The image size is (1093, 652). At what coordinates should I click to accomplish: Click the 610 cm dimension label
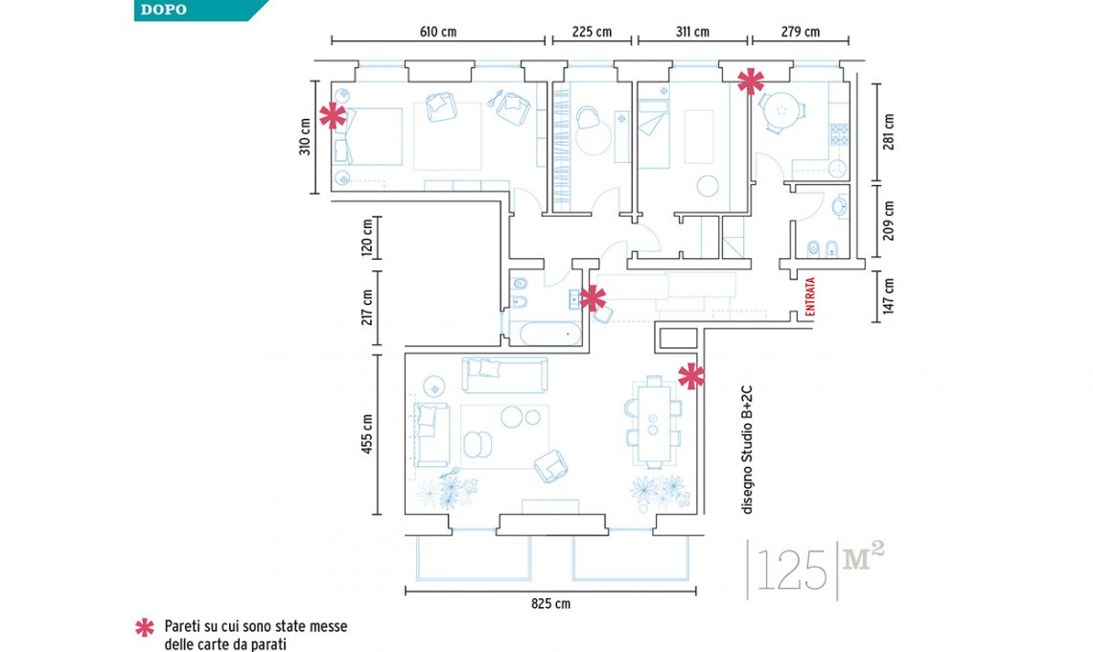click(x=438, y=32)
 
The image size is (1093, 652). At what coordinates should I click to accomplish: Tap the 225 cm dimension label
click(x=592, y=32)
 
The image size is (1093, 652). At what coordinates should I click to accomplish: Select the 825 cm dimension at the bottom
click(x=550, y=604)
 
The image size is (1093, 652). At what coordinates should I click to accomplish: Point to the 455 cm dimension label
click(x=367, y=433)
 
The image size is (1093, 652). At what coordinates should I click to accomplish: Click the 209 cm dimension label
click(x=888, y=221)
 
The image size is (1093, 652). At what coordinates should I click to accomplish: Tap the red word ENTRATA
click(x=810, y=297)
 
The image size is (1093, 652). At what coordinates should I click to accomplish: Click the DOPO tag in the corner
click(x=164, y=10)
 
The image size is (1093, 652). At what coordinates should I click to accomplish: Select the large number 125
click(x=791, y=570)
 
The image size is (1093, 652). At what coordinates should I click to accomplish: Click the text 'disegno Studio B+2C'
click(x=747, y=451)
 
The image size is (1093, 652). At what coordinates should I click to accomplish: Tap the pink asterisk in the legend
click(x=144, y=628)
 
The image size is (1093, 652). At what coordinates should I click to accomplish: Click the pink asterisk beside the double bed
click(x=333, y=116)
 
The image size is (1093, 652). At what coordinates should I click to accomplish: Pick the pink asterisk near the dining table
click(x=691, y=377)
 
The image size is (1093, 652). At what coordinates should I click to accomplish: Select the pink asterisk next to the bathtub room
click(x=593, y=298)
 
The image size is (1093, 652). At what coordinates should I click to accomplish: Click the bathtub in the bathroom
click(x=550, y=334)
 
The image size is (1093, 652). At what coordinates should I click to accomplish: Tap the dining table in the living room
click(x=653, y=422)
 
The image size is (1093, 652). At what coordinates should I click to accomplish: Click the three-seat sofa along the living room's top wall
click(x=504, y=375)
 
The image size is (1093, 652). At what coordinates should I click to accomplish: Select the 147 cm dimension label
click(x=888, y=297)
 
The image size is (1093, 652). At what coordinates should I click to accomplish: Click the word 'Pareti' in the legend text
click(x=181, y=626)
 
